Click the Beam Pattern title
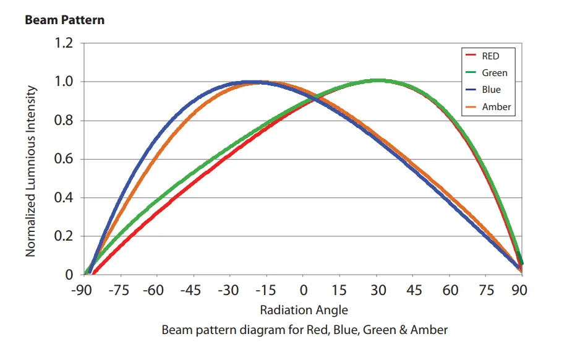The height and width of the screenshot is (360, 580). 64,20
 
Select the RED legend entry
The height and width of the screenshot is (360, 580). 490,56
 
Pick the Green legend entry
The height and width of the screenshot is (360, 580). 494,73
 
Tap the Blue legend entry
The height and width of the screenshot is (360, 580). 491,90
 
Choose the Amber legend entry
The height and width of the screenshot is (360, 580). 496,107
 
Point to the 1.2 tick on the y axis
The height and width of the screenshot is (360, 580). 63,43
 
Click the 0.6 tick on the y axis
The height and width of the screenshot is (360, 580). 63,160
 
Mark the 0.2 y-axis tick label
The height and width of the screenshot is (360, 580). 63,237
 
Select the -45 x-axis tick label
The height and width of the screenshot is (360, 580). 193,291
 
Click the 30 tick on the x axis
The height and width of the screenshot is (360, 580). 378,291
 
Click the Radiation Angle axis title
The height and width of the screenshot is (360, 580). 304,310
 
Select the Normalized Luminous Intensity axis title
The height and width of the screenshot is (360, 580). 31,171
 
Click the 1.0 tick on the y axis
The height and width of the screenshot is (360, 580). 63,82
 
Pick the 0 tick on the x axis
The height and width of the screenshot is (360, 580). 304,291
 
